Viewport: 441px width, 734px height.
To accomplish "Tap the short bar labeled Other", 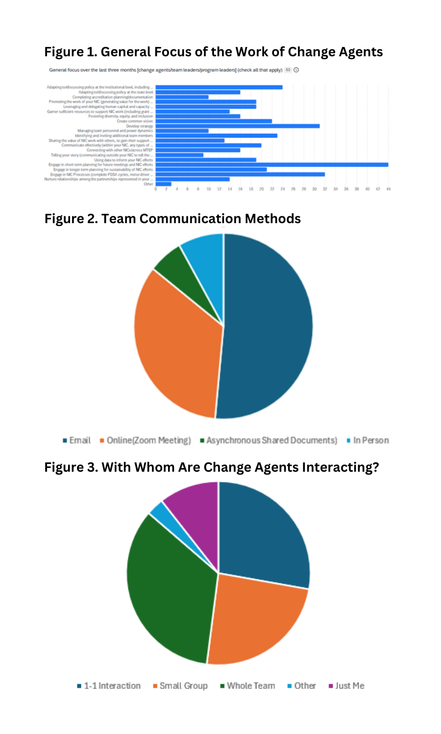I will click(163, 184).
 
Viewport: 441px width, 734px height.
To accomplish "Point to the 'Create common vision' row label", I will click(135, 121).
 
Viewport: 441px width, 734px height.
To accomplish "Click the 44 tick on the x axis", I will click(388, 189).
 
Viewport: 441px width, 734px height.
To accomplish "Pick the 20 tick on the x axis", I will click(261, 189).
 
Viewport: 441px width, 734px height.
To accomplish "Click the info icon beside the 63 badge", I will click(296, 70).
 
